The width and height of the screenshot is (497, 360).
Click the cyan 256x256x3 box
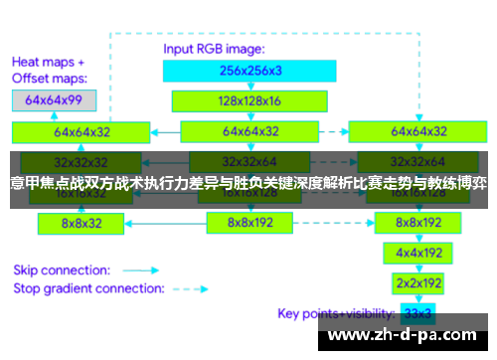[250, 70]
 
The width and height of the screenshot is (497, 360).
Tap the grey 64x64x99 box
[54, 100]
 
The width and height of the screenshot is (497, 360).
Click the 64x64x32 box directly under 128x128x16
[251, 131]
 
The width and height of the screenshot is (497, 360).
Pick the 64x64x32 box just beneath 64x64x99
[81, 131]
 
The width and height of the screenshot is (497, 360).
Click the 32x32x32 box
[81, 162]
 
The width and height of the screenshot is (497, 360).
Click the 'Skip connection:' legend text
[63, 270]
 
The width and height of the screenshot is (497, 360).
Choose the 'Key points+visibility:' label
[336, 313]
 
